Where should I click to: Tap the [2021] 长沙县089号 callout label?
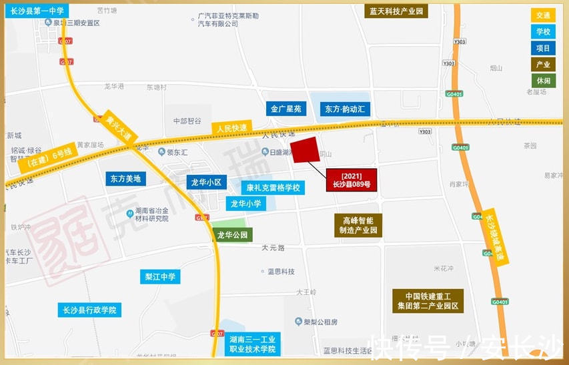(351, 180)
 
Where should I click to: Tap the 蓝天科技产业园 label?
(398, 11)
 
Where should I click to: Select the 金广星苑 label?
(286, 109)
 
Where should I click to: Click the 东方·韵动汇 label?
(345, 109)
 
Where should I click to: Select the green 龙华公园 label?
(233, 235)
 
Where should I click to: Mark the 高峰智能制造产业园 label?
(358, 225)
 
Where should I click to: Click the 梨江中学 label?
(161, 276)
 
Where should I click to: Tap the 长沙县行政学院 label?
(89, 310)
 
